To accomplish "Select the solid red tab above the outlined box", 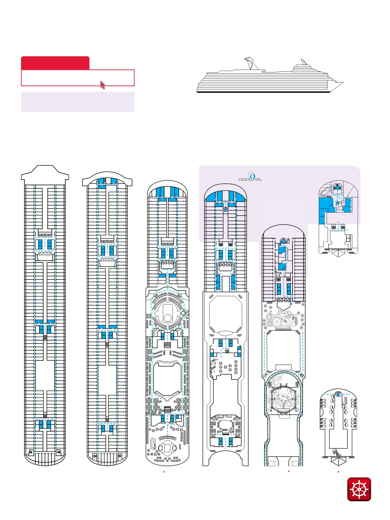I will tap(55, 63).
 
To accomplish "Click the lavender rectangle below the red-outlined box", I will tap(77, 102).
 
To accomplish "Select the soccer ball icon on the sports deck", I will tap(302, 375).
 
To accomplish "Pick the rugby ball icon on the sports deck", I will tap(265, 375).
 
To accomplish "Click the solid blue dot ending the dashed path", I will tap(292, 303).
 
